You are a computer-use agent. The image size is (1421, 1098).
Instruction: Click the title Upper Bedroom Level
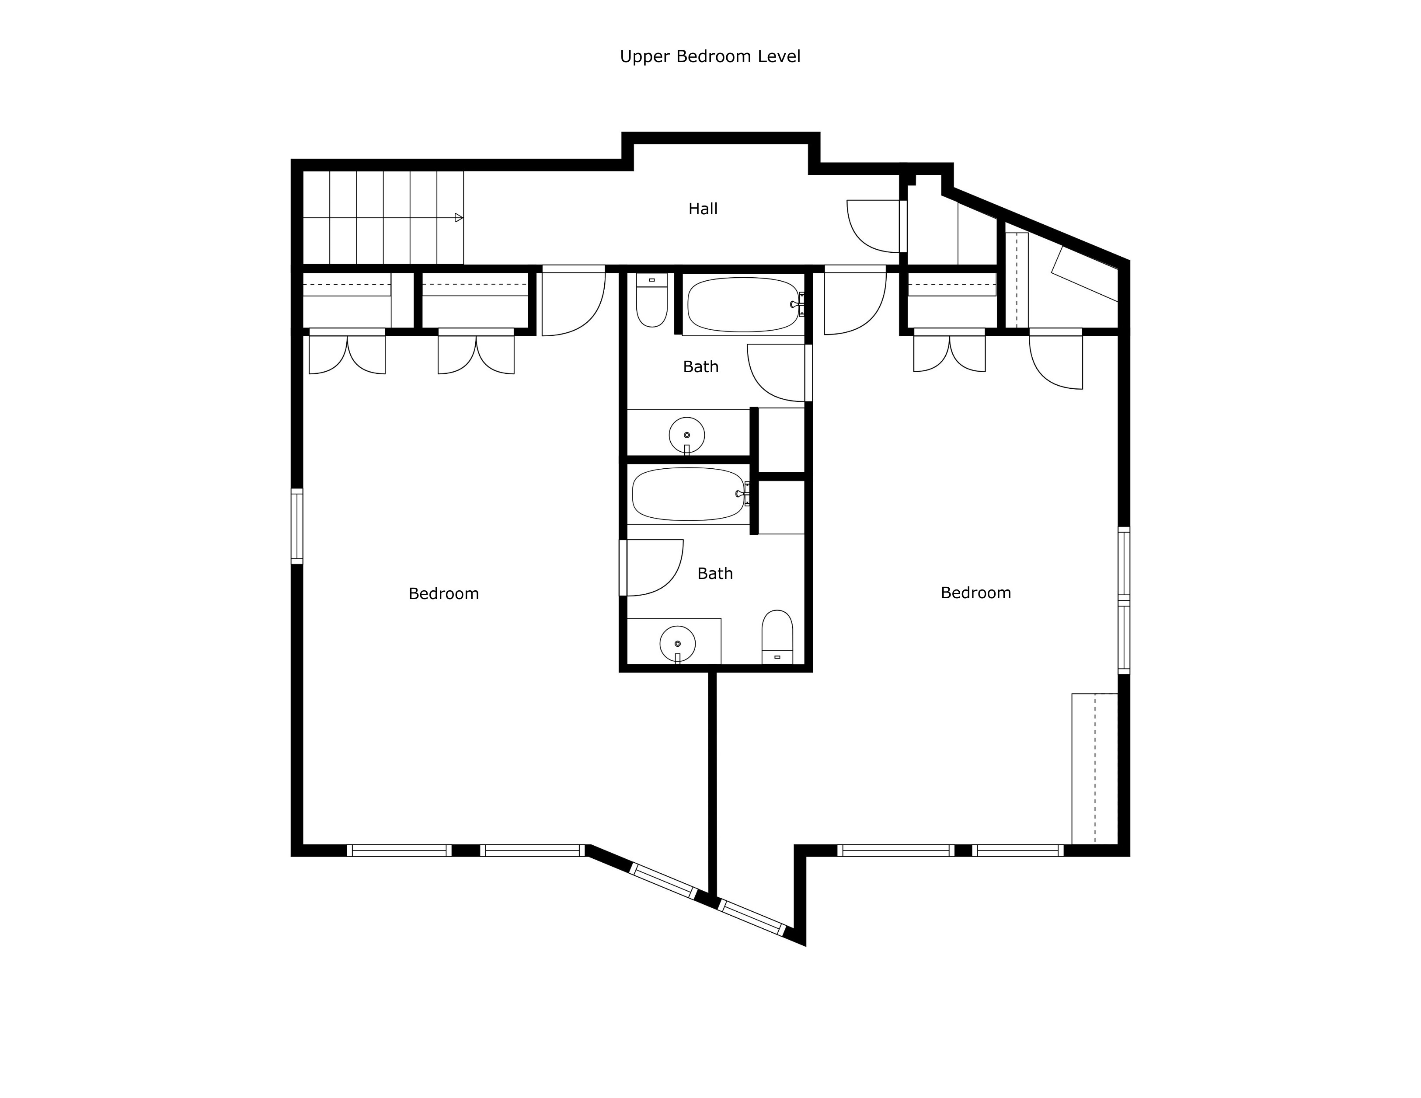tap(710, 56)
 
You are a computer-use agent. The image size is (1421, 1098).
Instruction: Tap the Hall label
tap(703, 209)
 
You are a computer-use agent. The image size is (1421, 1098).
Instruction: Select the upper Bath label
tap(700, 367)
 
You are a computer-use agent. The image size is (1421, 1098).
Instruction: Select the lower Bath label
tap(714, 573)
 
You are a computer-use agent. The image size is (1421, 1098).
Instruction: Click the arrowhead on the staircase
tap(459, 217)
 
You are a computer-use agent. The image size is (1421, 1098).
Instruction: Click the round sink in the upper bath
tap(686, 435)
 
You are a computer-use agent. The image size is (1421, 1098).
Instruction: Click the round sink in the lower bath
tap(677, 644)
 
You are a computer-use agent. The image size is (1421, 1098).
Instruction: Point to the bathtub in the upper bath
tap(742, 305)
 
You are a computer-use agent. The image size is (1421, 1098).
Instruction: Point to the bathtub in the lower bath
tap(688, 494)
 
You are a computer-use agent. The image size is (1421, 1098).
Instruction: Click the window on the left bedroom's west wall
tap(297, 526)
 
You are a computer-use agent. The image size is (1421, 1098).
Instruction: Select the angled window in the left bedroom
tap(664, 881)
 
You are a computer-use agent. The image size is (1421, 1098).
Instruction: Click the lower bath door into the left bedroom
tap(651, 568)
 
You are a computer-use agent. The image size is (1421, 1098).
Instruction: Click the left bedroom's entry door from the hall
tap(573, 303)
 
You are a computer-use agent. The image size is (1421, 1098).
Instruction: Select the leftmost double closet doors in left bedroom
tap(347, 353)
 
